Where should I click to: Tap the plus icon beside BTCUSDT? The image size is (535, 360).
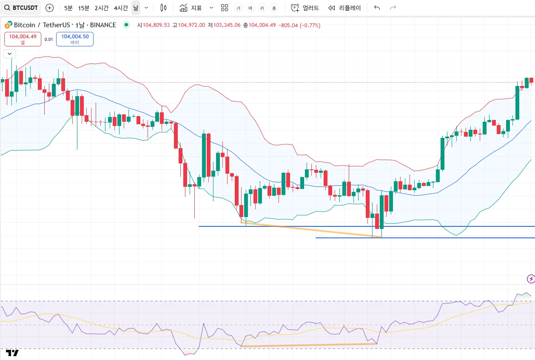point(49,8)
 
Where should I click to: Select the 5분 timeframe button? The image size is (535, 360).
point(68,8)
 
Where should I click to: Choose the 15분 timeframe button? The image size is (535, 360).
point(84,8)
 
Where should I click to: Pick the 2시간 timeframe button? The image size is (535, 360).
point(102,8)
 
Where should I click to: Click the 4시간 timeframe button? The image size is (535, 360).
point(121,8)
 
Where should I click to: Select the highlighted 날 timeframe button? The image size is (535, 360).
point(136,8)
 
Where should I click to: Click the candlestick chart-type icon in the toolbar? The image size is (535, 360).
point(163,8)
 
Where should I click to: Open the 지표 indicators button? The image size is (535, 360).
point(191,8)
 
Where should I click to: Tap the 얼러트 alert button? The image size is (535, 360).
point(305,8)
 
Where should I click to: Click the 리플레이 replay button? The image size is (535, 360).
point(345,8)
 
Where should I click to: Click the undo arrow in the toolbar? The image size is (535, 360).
point(377,8)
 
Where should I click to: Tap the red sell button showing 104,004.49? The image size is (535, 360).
point(23,39)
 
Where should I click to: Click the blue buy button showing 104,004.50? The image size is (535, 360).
point(75,39)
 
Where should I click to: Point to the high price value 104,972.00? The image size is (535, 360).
point(191,25)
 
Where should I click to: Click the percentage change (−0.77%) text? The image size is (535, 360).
point(310,25)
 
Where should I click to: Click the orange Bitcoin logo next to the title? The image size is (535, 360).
point(8,25)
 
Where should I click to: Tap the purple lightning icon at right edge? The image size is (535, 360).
point(531,279)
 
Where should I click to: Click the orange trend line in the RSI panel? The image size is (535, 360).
point(309,345)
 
